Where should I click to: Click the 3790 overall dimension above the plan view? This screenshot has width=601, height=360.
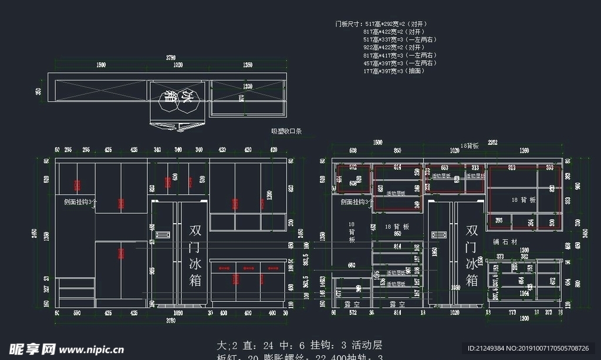pyautogui.click(x=171, y=58)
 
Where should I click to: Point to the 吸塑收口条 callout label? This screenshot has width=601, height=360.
pyautogui.click(x=286, y=132)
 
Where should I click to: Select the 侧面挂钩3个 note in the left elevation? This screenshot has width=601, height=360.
pyautogui.click(x=80, y=201)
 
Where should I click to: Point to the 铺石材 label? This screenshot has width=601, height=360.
pyautogui.click(x=505, y=241)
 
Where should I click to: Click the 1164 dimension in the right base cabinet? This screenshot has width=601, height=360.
pyautogui.click(x=524, y=292)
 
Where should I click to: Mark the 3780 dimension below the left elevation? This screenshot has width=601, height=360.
pyautogui.click(x=171, y=321)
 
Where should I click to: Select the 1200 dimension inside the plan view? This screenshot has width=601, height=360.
pyautogui.click(x=248, y=86)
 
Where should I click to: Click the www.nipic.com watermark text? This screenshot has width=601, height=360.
pyautogui.click(x=94, y=349)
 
